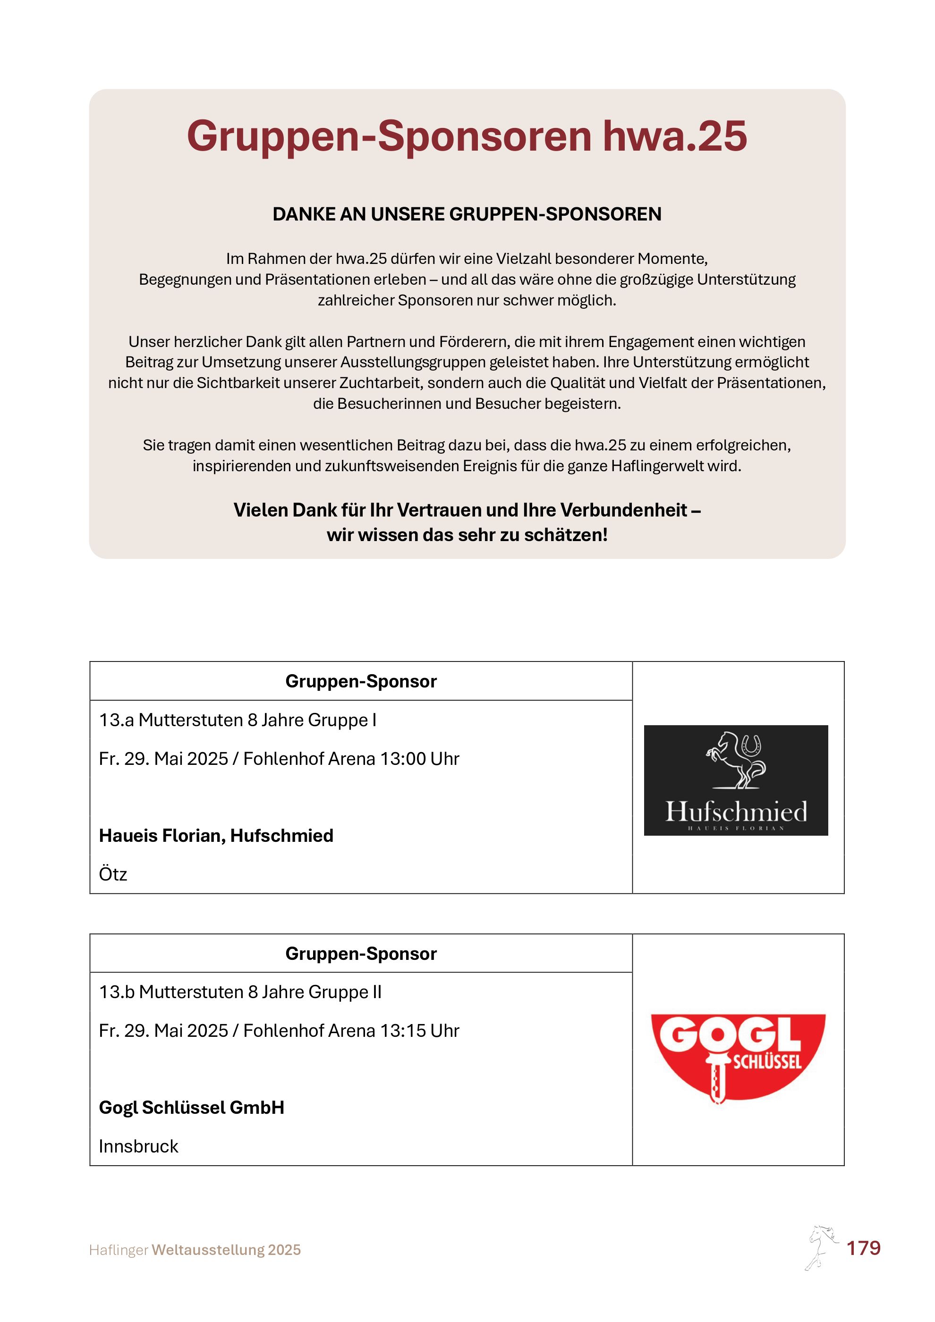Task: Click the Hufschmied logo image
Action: tap(735, 780)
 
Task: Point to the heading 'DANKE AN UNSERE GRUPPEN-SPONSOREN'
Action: tap(467, 214)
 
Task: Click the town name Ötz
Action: tap(113, 874)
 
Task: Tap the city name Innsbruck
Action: tap(138, 1146)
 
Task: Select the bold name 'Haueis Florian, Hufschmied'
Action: tap(216, 836)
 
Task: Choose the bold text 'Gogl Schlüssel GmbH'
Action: tap(191, 1107)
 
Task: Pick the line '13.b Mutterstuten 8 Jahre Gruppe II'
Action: tap(240, 992)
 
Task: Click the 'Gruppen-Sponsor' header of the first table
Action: tap(361, 681)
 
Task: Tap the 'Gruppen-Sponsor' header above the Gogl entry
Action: tap(361, 954)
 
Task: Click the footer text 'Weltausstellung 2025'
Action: tap(226, 1250)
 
